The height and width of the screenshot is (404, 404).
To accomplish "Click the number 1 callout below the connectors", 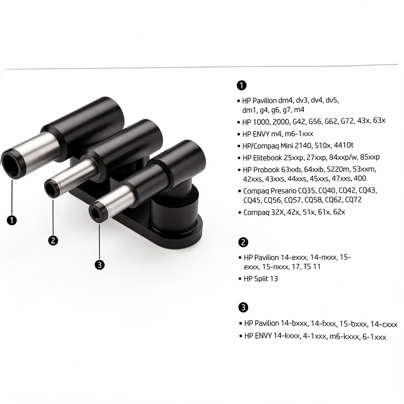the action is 12,220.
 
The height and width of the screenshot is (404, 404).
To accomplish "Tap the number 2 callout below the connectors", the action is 53,240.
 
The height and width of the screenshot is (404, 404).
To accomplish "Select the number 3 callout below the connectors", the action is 99,265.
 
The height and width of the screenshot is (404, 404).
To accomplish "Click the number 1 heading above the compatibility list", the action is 241,85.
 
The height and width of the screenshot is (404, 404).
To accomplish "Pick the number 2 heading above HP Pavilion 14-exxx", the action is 243,242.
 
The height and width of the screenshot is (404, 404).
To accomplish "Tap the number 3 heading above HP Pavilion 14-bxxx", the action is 243,308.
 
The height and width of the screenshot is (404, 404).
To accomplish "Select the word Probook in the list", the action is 264,170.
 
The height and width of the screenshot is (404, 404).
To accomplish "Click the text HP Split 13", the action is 261,279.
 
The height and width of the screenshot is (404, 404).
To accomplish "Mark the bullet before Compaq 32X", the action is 240,212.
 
